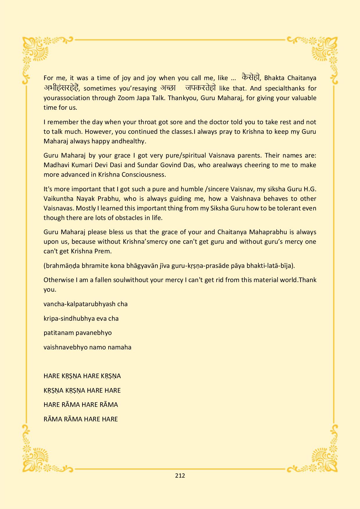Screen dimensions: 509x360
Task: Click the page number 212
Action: pyautogui.click(x=180, y=475)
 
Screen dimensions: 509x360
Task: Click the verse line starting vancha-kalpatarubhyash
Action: pyautogui.click(x=85, y=304)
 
